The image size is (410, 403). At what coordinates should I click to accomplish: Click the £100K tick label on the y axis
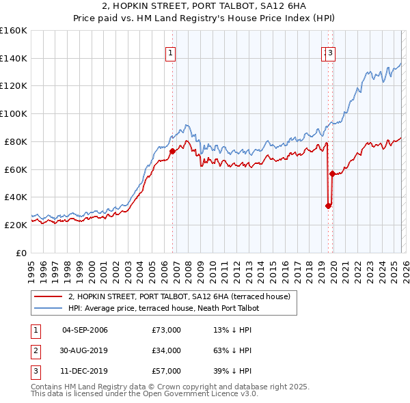(14, 113)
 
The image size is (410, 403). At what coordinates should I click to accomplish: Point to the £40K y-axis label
(16, 197)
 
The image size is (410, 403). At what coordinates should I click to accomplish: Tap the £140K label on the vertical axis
(14, 58)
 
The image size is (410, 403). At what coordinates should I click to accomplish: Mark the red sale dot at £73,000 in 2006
(172, 152)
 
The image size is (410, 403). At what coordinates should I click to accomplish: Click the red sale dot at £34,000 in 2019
(328, 206)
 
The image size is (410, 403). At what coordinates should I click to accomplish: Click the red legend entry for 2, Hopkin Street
(179, 296)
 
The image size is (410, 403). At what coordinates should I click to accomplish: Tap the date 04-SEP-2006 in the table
(85, 330)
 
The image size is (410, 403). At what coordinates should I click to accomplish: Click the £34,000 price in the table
(166, 350)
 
